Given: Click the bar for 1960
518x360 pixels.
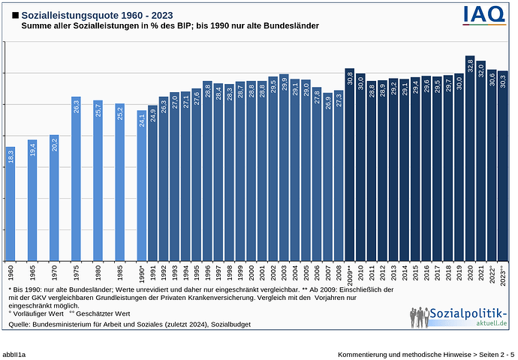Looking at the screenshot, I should tap(11, 203).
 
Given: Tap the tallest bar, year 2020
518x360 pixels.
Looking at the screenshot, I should tap(470, 158).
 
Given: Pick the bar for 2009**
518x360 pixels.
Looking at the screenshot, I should tap(349, 164).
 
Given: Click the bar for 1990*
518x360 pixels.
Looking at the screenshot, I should tap(142, 185).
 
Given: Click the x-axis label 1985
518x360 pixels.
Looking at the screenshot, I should tap(119, 271).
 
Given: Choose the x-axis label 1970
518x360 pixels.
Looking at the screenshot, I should tap(54, 271).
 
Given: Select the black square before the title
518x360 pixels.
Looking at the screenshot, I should tap(15, 15).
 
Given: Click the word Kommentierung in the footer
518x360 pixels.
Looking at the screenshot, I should tap(364, 352).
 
